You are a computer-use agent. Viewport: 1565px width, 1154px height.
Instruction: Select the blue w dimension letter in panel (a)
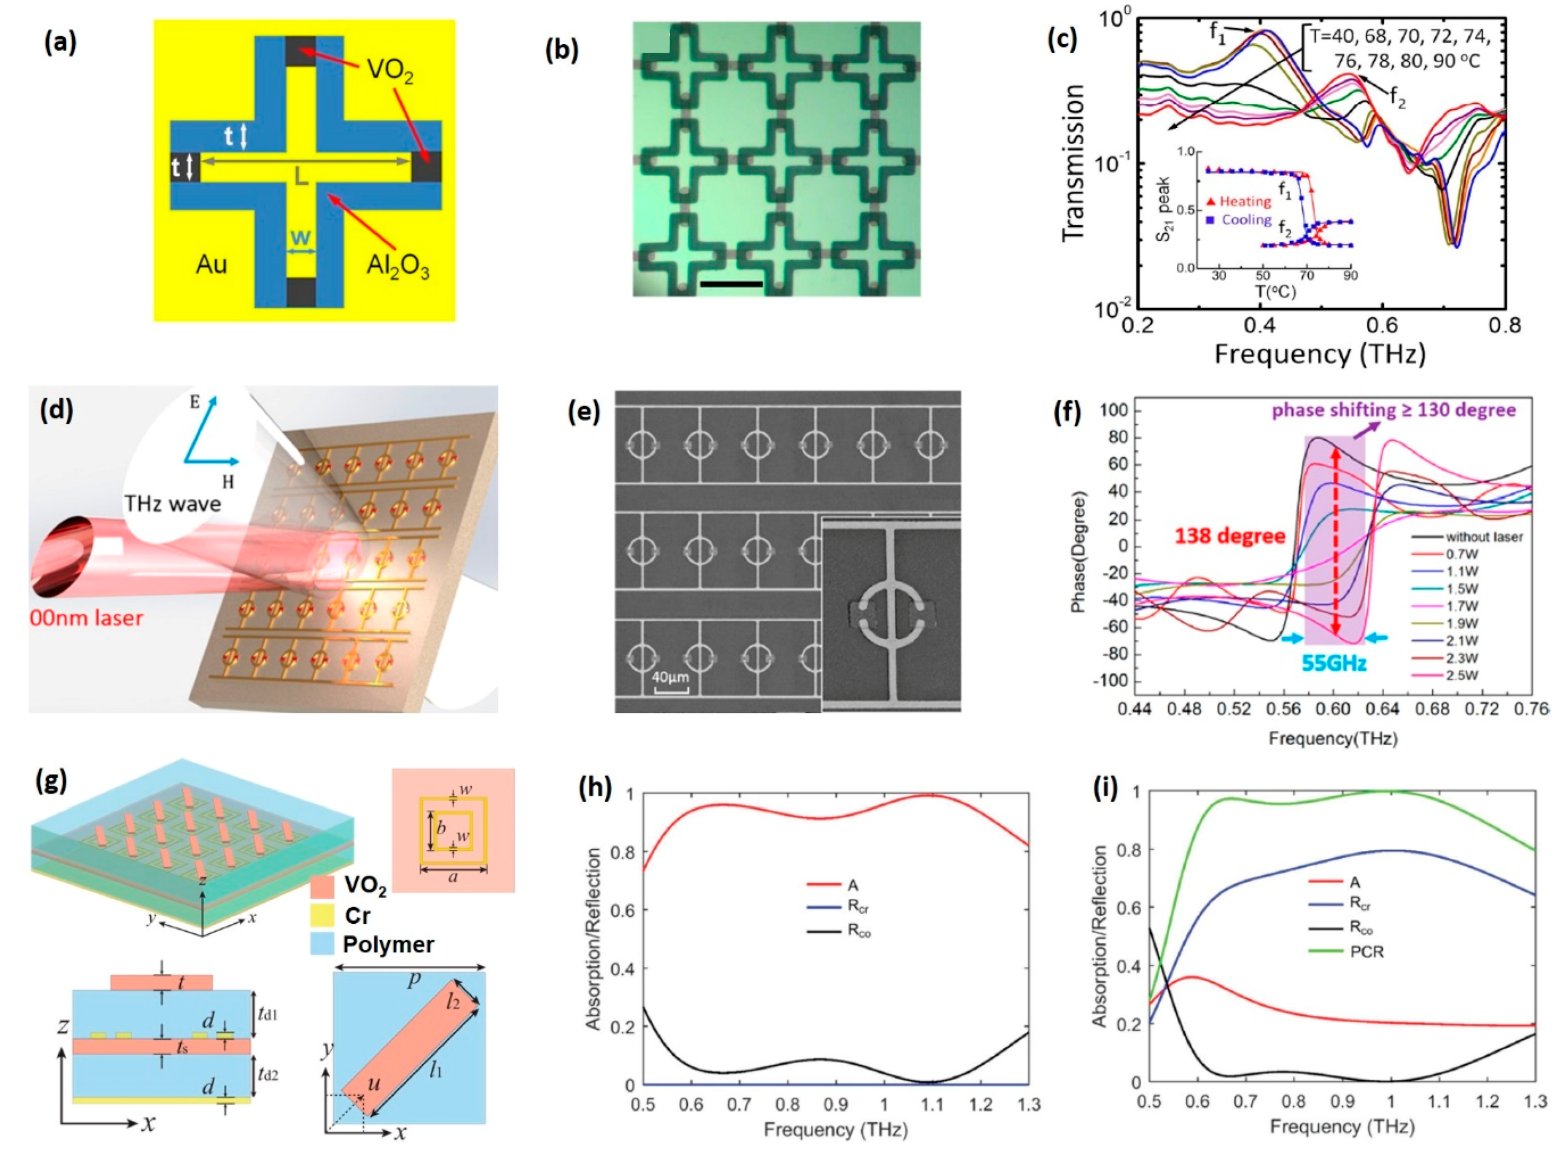[x=300, y=237]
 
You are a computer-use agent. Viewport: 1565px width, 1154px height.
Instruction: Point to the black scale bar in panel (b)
[x=731, y=284]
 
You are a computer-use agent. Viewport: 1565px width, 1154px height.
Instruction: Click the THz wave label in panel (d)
[x=172, y=503]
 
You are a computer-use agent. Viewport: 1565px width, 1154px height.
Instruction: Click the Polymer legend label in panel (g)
[x=388, y=944]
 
